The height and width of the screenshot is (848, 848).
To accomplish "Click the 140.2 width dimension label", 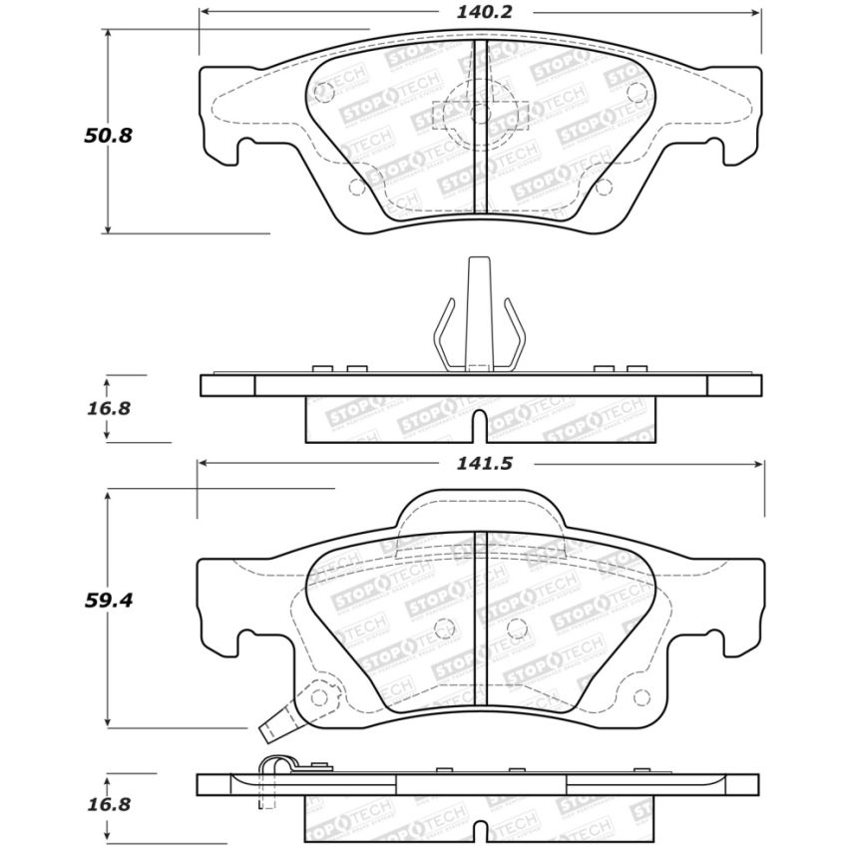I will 478,13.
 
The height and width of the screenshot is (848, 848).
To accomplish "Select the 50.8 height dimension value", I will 108,134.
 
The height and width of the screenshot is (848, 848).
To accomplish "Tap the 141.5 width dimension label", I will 478,464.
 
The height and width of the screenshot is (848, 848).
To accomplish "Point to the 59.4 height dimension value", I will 108,600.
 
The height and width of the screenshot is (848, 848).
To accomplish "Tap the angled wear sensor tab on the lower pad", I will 271,729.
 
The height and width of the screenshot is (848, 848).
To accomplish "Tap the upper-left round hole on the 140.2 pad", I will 322,92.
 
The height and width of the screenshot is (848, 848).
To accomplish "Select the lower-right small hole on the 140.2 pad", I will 603,189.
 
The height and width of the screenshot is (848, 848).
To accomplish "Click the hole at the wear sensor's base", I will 318,696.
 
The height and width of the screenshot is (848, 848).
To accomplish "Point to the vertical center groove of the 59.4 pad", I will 481,619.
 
